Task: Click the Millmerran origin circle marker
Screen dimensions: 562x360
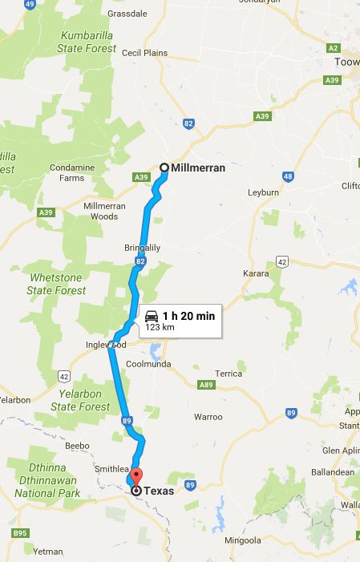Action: pyautogui.click(x=164, y=168)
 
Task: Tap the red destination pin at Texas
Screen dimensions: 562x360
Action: pyautogui.click(x=136, y=476)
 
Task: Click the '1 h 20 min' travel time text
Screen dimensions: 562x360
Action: pyautogui.click(x=188, y=316)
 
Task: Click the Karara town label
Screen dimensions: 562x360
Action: pyautogui.click(x=257, y=273)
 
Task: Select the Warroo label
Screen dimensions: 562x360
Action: pyautogui.click(x=208, y=417)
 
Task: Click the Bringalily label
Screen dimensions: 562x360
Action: pyautogui.click(x=143, y=248)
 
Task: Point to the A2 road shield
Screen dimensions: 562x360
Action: pyautogui.click(x=334, y=48)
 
